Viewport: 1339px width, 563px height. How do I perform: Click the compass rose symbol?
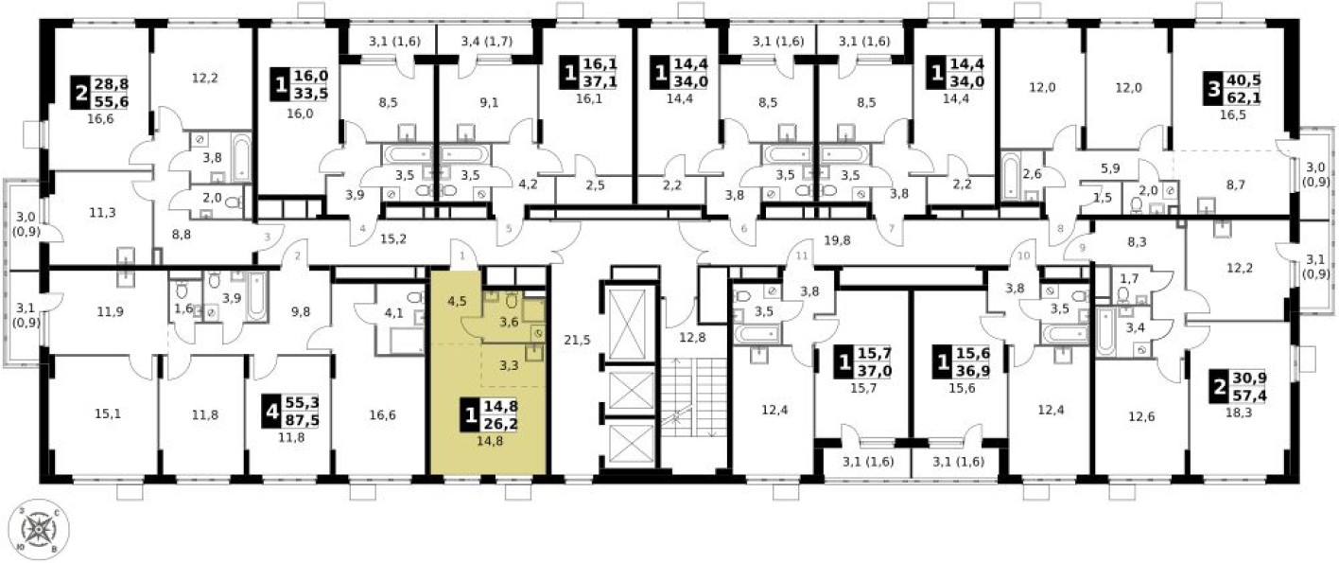coord(40,528)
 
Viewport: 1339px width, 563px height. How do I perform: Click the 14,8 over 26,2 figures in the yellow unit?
coord(502,413)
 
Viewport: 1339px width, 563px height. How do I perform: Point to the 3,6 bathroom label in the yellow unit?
coord(508,322)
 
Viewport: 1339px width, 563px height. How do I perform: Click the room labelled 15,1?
coord(103,412)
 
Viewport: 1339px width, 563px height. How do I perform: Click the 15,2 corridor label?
coord(394,238)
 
